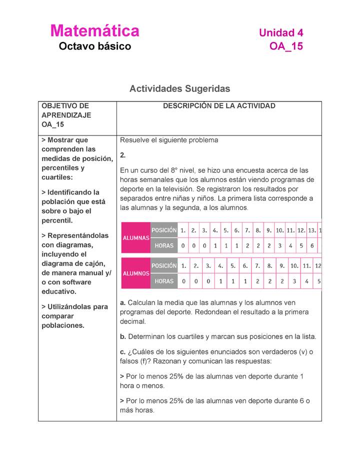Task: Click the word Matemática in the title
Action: point(94,31)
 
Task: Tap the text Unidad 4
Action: point(281,33)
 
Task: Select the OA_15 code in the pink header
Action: point(286,47)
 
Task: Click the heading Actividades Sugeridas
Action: point(179,89)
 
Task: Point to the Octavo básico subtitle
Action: point(94,47)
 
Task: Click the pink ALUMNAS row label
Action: point(136,238)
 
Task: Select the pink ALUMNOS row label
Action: point(136,273)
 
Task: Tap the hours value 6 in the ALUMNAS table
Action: point(312,246)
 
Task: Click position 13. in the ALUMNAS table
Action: point(312,230)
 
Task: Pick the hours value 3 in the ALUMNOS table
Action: point(294,281)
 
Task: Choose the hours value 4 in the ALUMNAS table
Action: point(290,246)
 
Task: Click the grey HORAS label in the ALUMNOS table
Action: point(164,281)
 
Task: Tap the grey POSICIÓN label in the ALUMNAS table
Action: point(164,230)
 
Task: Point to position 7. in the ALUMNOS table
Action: point(257,266)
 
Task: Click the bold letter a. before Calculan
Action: point(123,302)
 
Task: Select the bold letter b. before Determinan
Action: point(123,336)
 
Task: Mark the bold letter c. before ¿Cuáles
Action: point(123,351)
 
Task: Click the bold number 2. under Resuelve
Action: point(123,155)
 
